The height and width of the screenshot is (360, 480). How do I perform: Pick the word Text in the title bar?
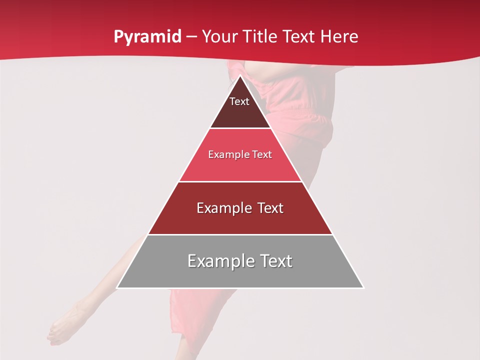(299, 37)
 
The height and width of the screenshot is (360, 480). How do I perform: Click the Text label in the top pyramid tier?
(239, 101)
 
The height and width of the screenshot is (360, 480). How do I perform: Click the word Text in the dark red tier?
(271, 208)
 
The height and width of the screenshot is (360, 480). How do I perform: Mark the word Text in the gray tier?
(275, 261)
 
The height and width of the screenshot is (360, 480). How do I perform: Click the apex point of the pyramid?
(240, 75)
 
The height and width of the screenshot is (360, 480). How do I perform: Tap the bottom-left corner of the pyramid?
(117, 288)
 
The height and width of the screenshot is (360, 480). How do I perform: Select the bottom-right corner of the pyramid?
(363, 288)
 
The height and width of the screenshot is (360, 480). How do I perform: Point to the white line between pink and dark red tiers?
(240, 181)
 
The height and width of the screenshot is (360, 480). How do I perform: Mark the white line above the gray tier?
(240, 234)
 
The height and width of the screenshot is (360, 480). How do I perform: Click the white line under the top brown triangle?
(240, 128)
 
